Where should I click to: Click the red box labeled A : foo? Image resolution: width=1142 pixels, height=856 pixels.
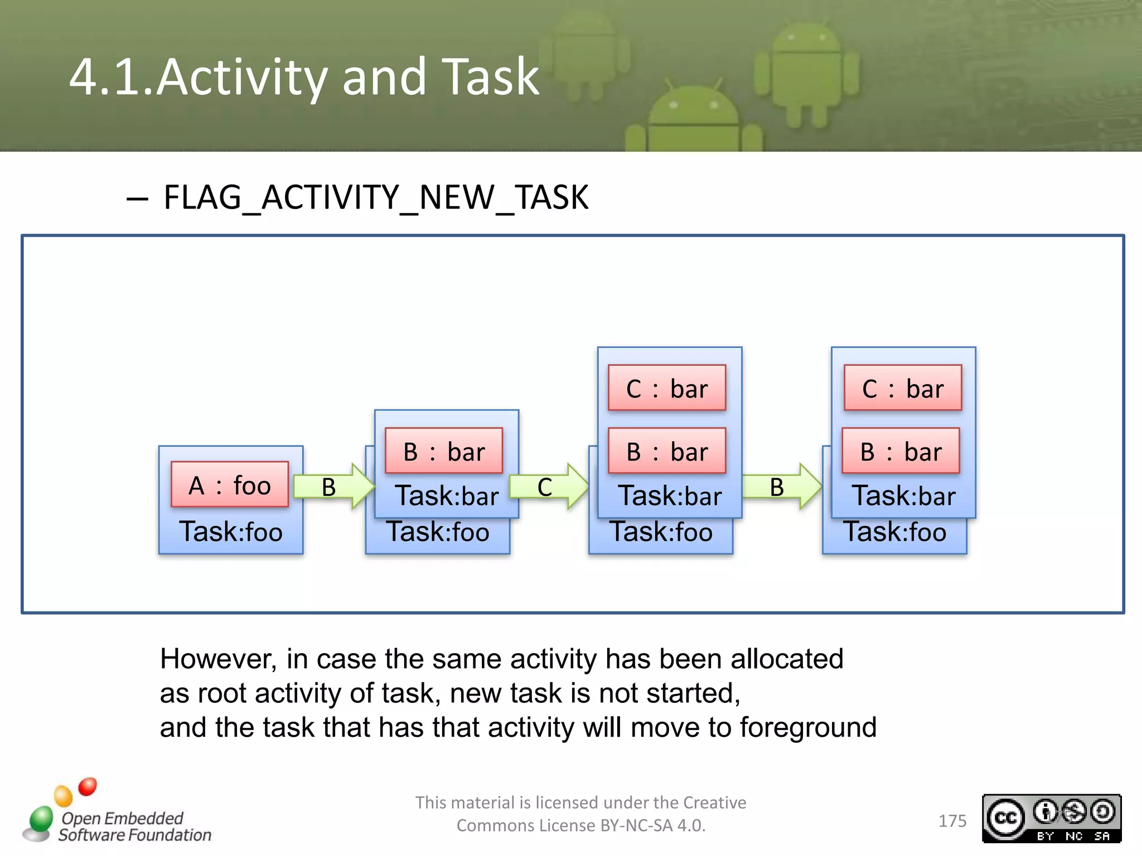230,484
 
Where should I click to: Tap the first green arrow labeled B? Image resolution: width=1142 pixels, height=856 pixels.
333,487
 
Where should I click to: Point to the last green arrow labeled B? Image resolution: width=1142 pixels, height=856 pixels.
781,487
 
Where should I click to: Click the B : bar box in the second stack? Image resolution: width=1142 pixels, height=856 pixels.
444,451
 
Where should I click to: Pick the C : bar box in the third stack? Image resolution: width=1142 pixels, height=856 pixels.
667,388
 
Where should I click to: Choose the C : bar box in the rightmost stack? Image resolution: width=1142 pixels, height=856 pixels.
903,388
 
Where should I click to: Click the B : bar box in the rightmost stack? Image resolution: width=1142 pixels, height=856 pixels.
901,451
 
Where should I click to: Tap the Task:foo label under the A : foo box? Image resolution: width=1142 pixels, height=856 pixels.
230,532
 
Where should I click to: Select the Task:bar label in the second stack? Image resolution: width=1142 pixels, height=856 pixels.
447,496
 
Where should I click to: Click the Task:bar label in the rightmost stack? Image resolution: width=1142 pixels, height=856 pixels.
903,496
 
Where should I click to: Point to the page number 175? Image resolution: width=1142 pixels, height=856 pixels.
952,821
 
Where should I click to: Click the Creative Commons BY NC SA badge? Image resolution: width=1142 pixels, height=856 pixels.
1051,818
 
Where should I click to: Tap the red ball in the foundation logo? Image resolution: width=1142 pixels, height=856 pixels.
88,786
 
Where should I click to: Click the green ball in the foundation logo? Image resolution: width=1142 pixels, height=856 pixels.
41,818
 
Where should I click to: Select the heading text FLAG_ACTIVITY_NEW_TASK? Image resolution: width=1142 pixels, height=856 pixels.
375,197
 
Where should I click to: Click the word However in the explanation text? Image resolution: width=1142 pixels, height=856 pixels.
218,659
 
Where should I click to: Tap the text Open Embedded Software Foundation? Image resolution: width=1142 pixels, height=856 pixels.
134,826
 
